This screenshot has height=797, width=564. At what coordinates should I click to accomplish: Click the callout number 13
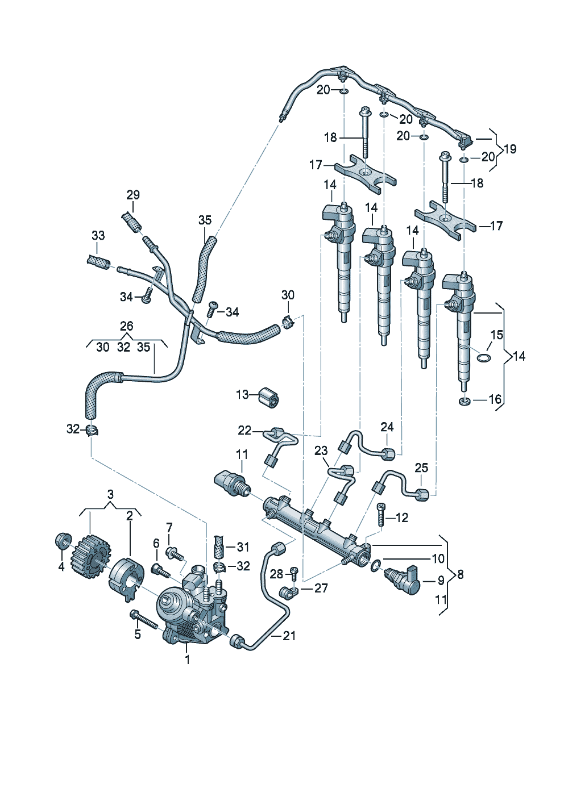242,394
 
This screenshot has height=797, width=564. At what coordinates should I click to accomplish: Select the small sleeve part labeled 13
269,398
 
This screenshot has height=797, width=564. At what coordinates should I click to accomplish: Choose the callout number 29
133,195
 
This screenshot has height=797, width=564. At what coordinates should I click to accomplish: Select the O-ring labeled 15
483,357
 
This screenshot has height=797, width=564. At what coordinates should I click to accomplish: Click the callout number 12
402,518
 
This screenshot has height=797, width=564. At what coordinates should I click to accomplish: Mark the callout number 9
441,581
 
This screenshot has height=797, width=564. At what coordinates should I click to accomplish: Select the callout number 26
126,326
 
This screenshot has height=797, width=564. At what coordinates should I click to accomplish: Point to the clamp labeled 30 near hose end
288,322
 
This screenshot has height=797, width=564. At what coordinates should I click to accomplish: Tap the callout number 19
510,149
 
